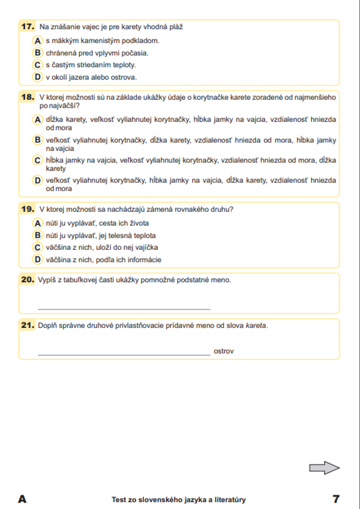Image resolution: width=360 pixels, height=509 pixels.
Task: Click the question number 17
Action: [28, 26]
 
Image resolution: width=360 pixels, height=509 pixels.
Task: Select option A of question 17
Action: [37, 41]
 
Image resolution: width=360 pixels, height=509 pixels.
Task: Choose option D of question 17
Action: [37, 77]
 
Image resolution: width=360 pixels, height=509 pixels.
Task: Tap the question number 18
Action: [28, 97]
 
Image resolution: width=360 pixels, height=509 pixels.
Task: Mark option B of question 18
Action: [37, 140]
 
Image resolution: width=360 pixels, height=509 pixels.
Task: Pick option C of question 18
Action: [37, 160]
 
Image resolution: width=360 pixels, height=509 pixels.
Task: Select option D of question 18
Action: [37, 180]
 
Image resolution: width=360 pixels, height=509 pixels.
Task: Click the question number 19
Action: [28, 209]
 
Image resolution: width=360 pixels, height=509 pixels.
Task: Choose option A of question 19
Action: [37, 223]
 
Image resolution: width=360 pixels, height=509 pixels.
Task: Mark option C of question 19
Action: [37, 247]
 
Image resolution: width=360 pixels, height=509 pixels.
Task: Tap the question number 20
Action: [28, 280]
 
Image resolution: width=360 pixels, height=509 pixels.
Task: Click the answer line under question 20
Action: [124, 308]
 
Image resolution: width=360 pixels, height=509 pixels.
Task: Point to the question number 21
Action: [28, 325]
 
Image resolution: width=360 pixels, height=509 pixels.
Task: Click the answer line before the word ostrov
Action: [124, 354]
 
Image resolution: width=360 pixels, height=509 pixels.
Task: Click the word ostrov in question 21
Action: [224, 351]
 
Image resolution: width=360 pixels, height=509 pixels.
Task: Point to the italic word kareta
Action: [256, 326]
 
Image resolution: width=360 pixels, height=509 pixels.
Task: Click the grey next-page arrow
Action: [324, 468]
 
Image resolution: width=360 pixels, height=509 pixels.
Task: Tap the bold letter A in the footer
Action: [22, 499]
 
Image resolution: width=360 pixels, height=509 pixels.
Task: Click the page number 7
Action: [336, 499]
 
